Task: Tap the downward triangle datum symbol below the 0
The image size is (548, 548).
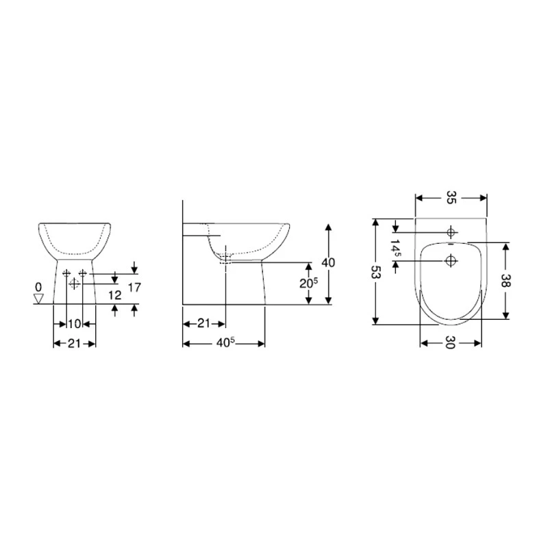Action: tap(39, 298)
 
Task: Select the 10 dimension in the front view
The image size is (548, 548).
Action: tap(75, 323)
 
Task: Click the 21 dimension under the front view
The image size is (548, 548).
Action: tap(75, 342)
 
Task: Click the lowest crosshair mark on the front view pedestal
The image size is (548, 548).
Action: tap(74, 284)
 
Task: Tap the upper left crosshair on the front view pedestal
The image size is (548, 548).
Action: tap(66, 273)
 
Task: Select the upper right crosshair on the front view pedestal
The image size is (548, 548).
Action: tap(83, 273)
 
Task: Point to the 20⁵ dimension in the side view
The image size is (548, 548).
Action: tap(310, 284)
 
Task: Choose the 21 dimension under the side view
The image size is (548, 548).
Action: tap(203, 323)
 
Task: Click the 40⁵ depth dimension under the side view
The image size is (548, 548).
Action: tap(224, 342)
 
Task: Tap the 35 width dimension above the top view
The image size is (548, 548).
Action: tap(451, 198)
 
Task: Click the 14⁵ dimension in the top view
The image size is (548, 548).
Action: tap(397, 246)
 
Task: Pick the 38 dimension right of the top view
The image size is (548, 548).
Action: tap(506, 280)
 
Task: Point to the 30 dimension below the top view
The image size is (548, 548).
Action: tap(451, 343)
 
